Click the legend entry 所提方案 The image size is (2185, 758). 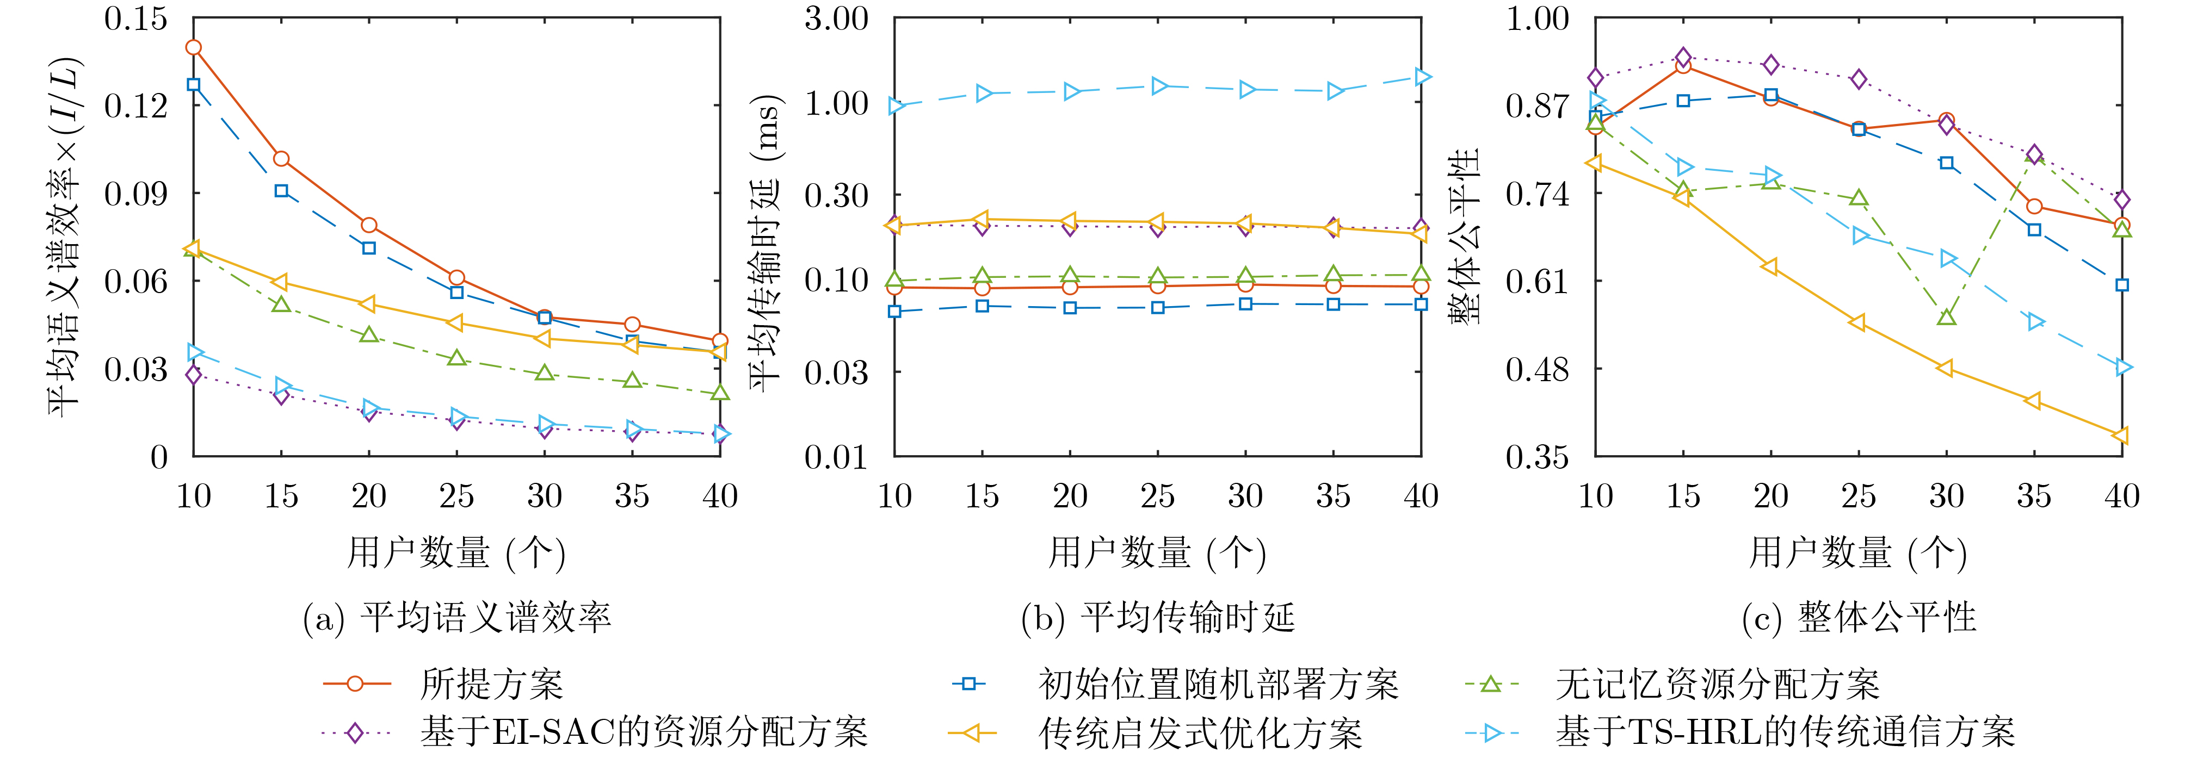(x=443, y=684)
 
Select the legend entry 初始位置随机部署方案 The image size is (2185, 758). (x=1175, y=684)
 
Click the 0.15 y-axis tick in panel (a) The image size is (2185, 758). (x=135, y=18)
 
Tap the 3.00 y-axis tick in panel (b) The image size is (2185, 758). (x=836, y=18)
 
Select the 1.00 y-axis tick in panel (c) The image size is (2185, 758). (x=1538, y=18)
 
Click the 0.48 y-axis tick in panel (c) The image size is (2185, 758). (x=1538, y=369)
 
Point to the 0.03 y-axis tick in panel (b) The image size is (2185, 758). (x=836, y=371)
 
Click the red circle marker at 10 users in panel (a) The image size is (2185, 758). (x=193, y=47)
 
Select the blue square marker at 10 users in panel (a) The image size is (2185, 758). (x=193, y=85)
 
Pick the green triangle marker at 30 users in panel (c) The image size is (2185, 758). (x=1947, y=316)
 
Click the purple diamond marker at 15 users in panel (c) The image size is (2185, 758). (x=1684, y=58)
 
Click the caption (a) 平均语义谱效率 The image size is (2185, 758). (x=456, y=618)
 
